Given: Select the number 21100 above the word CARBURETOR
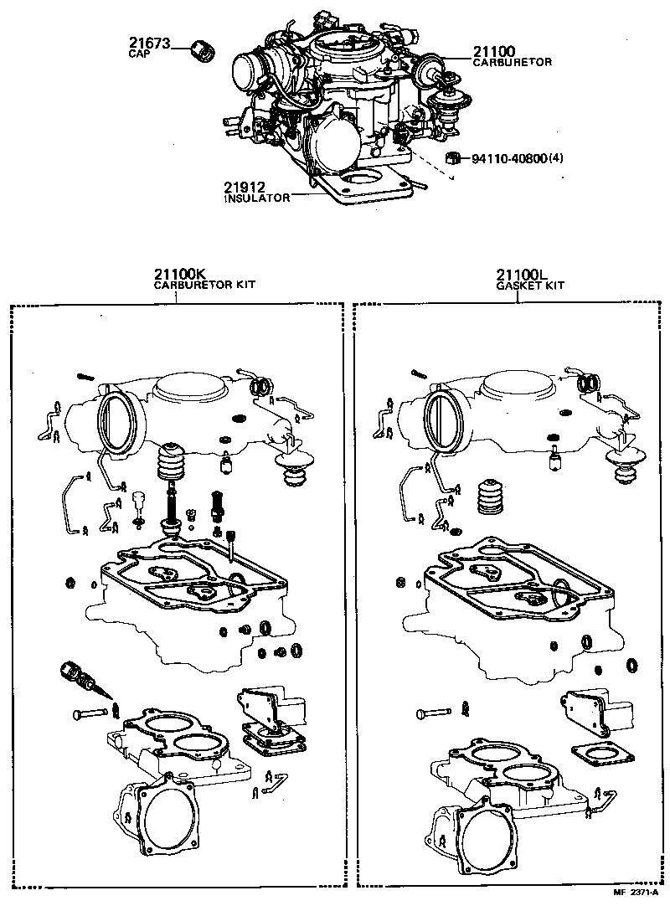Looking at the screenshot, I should tap(497, 51).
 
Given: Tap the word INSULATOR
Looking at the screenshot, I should tap(256, 198).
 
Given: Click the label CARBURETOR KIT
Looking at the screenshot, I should tap(204, 285).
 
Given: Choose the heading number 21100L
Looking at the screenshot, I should tap(521, 274).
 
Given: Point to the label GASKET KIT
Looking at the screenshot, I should tap(530, 285).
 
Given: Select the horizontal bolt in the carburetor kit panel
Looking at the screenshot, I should tap(89, 713).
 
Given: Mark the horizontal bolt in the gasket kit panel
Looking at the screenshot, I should tap(433, 713).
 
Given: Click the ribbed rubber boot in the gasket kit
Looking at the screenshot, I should tap(492, 501).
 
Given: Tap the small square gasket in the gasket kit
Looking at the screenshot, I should tap(595, 754).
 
